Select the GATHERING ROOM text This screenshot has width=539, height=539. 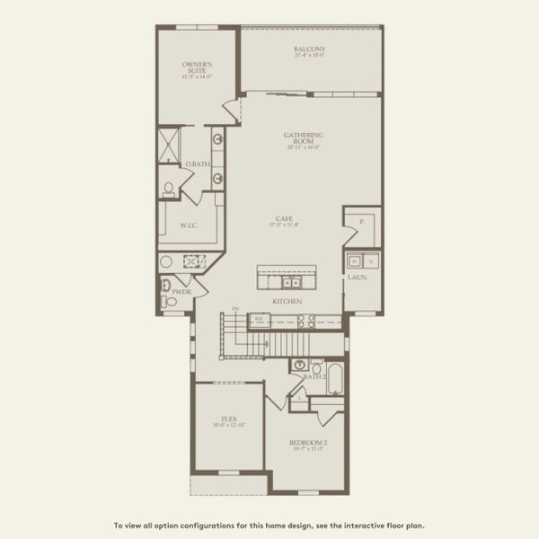304,139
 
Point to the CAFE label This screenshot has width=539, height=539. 284,218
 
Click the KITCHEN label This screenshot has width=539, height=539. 287,301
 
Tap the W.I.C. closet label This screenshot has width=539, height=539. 189,226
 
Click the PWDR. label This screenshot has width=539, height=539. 180,291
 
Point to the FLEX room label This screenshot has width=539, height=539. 228,419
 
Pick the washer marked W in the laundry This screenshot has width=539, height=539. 354,261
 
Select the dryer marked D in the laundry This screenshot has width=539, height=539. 371,261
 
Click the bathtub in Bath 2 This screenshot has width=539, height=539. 335,378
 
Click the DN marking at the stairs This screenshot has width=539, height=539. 234,310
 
